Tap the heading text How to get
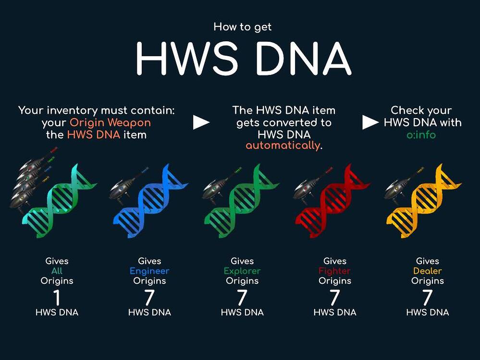pos(243,26)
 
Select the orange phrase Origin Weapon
pos(110,122)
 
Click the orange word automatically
pos(283,145)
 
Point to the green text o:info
pos(421,134)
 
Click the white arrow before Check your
pos(370,122)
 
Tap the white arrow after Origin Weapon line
pos(201,122)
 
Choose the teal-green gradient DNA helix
pos(60,202)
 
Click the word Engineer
pos(149,271)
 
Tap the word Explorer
pos(242,271)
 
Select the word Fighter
pos(335,271)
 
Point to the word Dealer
pos(427,271)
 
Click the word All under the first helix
pos(57,271)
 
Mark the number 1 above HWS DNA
pos(57,298)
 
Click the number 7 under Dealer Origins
pos(427,298)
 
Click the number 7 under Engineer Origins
pos(149,298)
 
